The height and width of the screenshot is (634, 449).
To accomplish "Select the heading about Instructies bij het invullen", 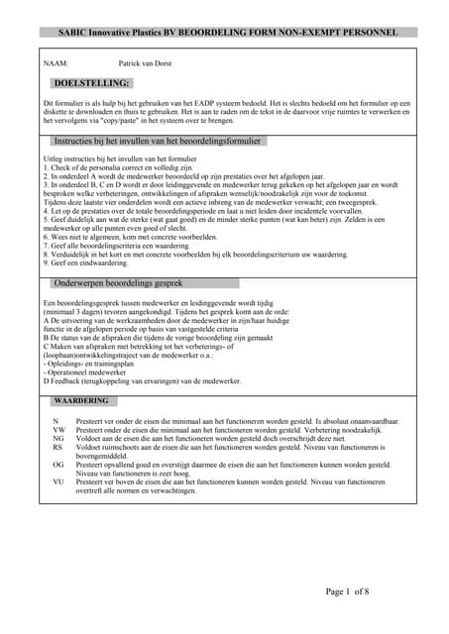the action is coord(158,142).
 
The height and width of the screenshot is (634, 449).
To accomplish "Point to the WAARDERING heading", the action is coord(81,401).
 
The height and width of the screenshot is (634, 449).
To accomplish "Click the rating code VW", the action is coord(58,431).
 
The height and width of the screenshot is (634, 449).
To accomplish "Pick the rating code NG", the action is coord(58,439).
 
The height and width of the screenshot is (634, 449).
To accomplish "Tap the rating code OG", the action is coord(58,465).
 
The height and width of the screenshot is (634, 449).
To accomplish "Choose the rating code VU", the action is coord(58,481).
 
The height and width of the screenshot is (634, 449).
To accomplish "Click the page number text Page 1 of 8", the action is coord(348,592).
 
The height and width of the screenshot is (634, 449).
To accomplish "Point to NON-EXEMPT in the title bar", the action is coord(311,33).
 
